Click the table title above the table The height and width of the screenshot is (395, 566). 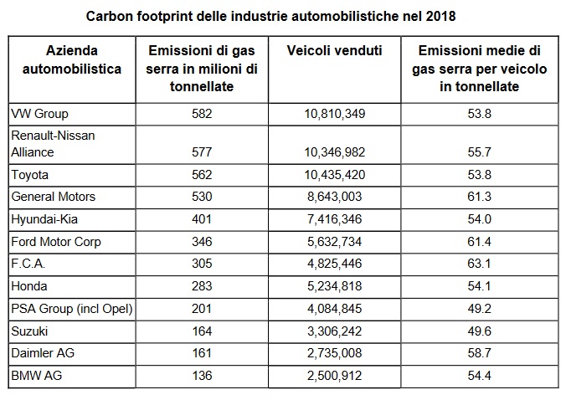coord(270,16)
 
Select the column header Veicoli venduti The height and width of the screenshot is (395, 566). coord(334,50)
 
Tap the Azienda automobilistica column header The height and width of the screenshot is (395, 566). coord(72,59)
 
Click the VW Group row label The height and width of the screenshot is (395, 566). coord(39,114)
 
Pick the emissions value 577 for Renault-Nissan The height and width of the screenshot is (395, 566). coord(202,151)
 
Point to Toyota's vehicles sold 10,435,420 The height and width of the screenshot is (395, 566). coord(335,175)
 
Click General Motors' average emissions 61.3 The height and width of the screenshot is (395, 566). coord(480,197)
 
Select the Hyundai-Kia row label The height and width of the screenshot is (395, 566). coord(44,219)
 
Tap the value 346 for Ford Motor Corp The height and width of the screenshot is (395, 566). coord(202,242)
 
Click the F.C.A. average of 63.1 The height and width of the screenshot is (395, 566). coord(480,264)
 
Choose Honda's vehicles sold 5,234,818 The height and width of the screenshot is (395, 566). coord(335,286)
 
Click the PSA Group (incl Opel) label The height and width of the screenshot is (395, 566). coord(72,309)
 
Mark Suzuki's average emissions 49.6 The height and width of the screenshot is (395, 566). coord(480,331)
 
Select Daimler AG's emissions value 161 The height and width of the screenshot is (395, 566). coord(202,353)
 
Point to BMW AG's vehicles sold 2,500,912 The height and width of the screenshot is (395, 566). coord(335,376)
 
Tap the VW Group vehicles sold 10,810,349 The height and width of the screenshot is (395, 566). coord(335,114)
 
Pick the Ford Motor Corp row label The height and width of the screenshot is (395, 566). coord(56,242)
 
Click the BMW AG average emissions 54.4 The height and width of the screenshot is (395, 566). coord(480,376)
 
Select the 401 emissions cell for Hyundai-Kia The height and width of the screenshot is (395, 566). coord(202,219)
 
